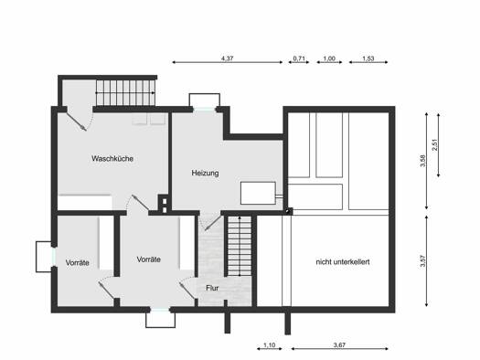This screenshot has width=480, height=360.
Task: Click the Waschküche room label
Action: click(x=112, y=158)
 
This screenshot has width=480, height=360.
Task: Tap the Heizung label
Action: click(x=205, y=173)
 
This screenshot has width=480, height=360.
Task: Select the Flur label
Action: click(x=212, y=288)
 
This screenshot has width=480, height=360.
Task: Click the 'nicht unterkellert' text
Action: click(x=343, y=262)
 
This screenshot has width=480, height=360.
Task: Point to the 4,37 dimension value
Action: click(x=227, y=58)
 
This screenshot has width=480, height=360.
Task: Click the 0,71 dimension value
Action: click(x=299, y=58)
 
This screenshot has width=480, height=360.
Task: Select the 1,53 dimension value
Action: click(x=368, y=58)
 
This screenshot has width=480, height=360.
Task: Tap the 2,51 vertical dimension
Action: click(x=435, y=145)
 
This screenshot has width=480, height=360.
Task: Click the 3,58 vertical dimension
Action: click(x=423, y=161)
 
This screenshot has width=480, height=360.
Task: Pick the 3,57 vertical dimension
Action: click(x=423, y=261)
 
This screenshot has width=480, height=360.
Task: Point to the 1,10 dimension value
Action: click(x=270, y=345)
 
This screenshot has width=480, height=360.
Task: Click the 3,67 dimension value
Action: click(x=339, y=345)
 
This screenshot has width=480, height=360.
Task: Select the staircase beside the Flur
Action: click(x=240, y=246)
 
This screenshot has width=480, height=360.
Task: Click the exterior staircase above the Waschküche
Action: click(x=126, y=92)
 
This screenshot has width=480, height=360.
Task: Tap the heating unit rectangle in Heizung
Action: click(x=258, y=193)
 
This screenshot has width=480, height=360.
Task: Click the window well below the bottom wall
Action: click(x=160, y=320)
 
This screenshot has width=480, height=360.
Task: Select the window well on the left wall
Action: click(x=44, y=257)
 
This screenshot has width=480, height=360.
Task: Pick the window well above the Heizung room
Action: click(x=205, y=101)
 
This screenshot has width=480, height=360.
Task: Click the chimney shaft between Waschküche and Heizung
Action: click(x=164, y=204)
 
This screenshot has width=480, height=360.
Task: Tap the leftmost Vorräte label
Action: click(x=78, y=263)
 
